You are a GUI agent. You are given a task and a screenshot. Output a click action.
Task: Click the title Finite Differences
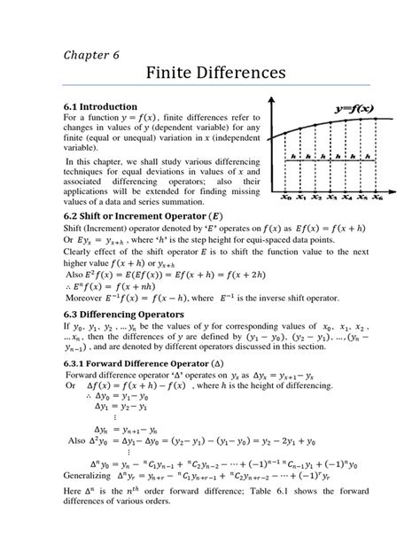coord(209,74)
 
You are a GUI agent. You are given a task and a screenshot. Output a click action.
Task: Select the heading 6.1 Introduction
coord(107,105)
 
